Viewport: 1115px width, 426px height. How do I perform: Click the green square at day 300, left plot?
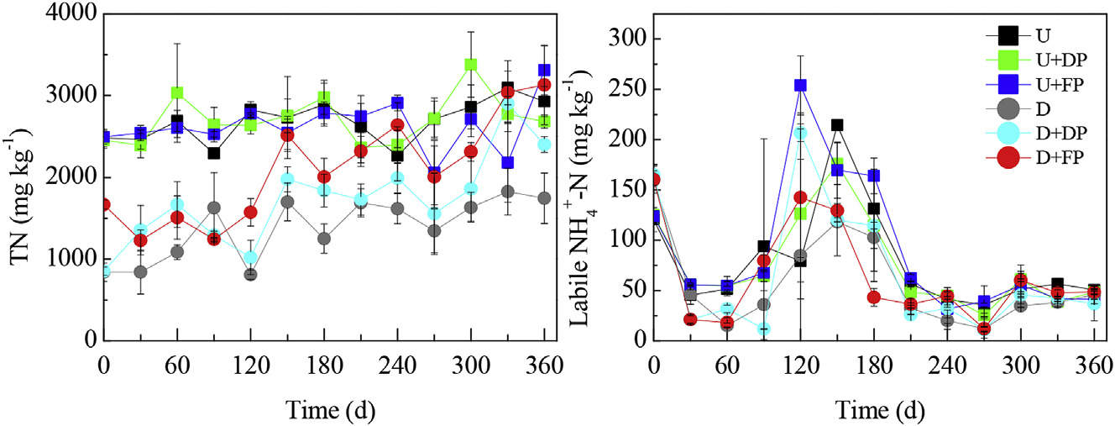[471, 65]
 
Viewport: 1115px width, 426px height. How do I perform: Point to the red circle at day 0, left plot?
[104, 205]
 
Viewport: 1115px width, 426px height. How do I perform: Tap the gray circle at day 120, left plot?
[250, 275]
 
